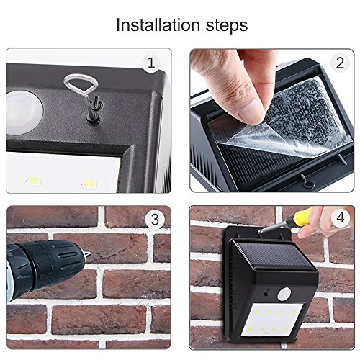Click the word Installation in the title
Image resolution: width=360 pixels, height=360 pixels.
[x=158, y=24]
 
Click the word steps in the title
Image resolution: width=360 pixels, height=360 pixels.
[x=227, y=26]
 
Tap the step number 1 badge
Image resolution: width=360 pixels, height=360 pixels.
[x=151, y=63]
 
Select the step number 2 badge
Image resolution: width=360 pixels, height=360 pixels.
[x=340, y=63]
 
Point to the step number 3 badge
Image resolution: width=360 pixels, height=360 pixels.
[x=155, y=219]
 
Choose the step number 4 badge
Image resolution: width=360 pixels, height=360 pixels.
[x=341, y=217]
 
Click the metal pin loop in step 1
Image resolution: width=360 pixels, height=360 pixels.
[x=73, y=82]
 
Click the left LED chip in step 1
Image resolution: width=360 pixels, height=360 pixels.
[x=34, y=181]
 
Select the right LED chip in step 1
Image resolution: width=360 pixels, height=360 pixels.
[x=89, y=184]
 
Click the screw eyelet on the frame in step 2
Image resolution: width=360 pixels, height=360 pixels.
[x=307, y=184]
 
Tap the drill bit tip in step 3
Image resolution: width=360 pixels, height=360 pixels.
[x=90, y=254]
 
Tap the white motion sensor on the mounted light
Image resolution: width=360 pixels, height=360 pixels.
[x=284, y=294]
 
